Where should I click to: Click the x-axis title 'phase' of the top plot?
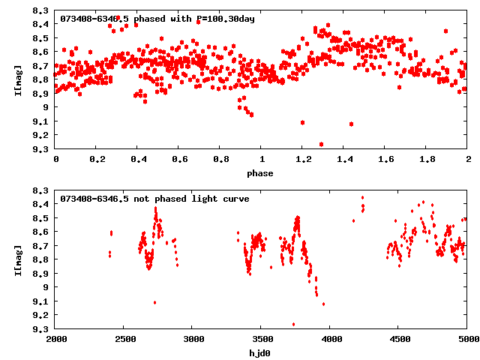coord(262,173)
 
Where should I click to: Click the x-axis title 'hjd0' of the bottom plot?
coord(262,353)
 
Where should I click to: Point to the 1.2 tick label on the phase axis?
coord(303,160)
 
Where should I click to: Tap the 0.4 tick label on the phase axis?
coord(138,160)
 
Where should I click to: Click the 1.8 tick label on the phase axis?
coord(427,160)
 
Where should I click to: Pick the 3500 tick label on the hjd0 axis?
coord(262,340)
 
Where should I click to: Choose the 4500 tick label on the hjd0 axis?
coord(399,340)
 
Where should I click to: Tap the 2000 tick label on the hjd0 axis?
coord(56,340)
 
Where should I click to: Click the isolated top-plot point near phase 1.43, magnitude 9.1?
coord(351,124)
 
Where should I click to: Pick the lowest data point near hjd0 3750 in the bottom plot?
coord(293,324)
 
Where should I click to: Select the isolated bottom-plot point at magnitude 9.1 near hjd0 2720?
coord(154,302)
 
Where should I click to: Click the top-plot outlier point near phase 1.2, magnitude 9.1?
coord(302,122)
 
